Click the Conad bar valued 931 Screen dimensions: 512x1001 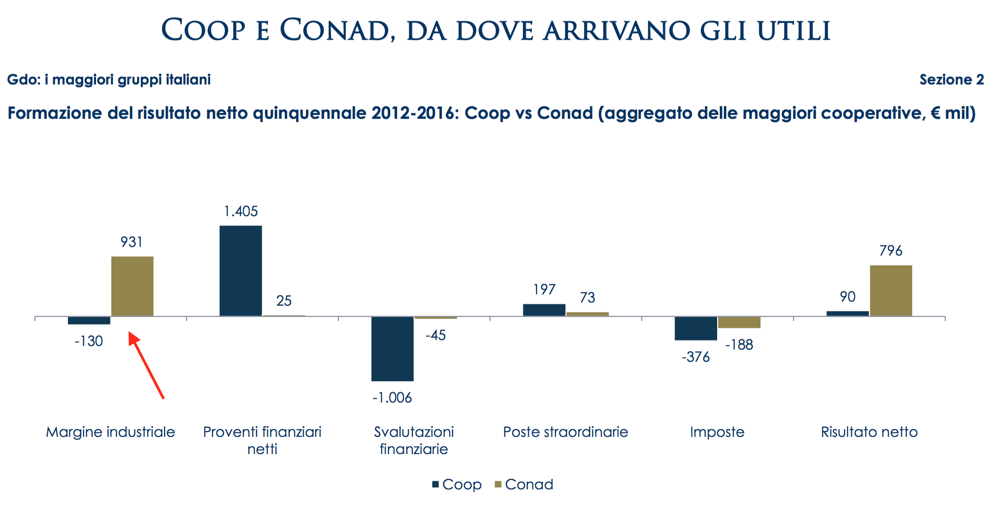132,286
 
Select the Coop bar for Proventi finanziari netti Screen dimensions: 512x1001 240,270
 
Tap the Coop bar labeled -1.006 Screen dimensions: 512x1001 392,348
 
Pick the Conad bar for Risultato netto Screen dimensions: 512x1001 891,290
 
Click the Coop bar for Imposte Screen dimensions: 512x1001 695,328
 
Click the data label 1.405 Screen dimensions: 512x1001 240,211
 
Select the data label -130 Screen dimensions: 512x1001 89,341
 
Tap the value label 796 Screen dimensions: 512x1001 891,251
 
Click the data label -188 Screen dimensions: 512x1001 739,345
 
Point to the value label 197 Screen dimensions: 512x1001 544,289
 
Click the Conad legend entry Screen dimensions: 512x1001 524,484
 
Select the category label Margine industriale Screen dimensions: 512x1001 110,432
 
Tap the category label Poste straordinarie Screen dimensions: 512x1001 565,432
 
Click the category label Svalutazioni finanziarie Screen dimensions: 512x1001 414,440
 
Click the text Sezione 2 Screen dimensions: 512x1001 951,80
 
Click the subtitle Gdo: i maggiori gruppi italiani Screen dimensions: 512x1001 109,80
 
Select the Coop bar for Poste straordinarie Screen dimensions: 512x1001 544,310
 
